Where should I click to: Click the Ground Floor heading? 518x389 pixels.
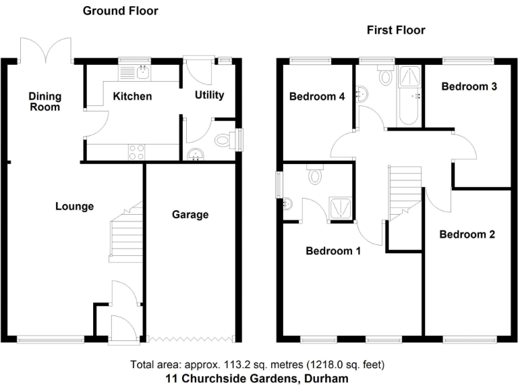coord(120,11)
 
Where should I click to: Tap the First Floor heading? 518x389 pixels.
coord(396,30)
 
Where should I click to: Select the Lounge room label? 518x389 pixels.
coord(74,207)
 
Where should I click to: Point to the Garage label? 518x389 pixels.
coord(190,215)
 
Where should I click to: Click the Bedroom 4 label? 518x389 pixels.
coord(317,97)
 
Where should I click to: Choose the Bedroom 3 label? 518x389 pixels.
coord(469,86)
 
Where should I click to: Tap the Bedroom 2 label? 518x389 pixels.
coord(467,234)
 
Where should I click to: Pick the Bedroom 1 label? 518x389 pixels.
coord(333,251)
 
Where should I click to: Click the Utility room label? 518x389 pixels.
coord(209,95)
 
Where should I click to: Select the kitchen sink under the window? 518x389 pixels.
coord(143,70)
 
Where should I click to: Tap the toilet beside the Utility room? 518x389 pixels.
coord(223,140)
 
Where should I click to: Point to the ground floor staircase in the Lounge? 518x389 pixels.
coord(126,233)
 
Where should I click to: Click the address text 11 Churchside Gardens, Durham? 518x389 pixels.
coord(257,379)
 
